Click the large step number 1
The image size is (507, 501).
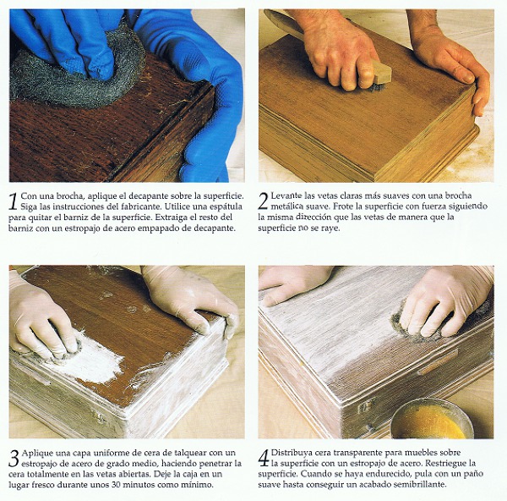(x=14, y=201)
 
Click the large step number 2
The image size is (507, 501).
(x=264, y=201)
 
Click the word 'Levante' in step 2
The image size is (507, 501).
(x=283, y=195)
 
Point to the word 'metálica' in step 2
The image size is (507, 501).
(x=285, y=206)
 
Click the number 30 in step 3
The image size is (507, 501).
(x=117, y=485)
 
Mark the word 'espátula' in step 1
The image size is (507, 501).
(x=227, y=206)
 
